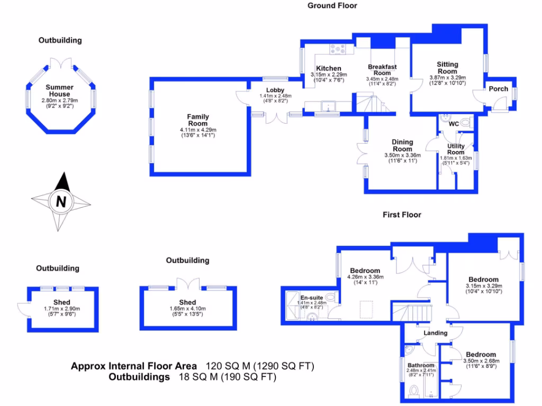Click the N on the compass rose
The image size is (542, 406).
click(61, 201)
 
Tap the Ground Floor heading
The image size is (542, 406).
click(332, 6)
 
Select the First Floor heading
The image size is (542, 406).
click(402, 215)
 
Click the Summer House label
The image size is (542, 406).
click(59, 90)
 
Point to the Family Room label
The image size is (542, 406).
click(198, 120)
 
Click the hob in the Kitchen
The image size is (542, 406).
click(338, 49)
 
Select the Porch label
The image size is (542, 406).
click(498, 89)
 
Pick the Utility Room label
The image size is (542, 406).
click(456, 149)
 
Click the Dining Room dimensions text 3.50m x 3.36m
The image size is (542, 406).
click(402, 155)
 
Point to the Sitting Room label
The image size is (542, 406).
click(447, 68)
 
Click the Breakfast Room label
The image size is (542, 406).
click(382, 70)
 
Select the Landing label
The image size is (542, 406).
click(436, 333)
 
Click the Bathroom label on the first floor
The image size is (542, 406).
click(421, 365)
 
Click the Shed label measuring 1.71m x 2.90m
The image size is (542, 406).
click(62, 302)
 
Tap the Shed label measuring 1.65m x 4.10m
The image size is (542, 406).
click(187, 302)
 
